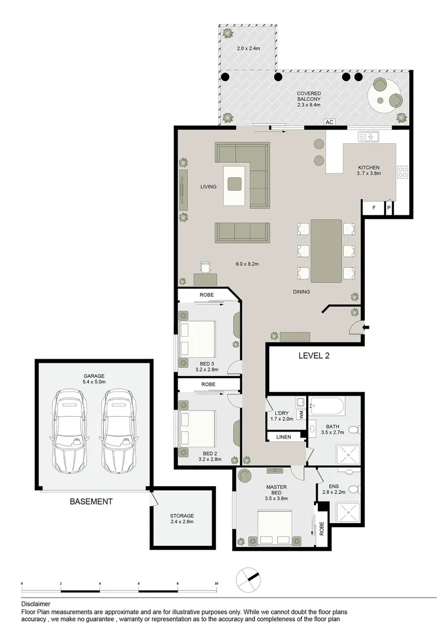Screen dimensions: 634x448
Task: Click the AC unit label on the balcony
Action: point(329,122)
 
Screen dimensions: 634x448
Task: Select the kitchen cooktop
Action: point(403,172)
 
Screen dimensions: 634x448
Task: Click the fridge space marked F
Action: point(373,208)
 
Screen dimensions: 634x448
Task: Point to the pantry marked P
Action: point(388,208)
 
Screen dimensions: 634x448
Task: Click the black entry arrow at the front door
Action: point(366,327)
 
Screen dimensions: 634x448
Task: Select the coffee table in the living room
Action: point(235,184)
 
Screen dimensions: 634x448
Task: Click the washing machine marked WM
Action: point(301,414)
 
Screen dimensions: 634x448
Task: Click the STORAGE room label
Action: point(182,515)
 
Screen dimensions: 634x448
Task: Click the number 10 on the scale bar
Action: point(216,584)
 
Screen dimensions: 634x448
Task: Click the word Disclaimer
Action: point(35,603)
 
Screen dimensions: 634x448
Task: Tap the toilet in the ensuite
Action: point(353,490)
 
